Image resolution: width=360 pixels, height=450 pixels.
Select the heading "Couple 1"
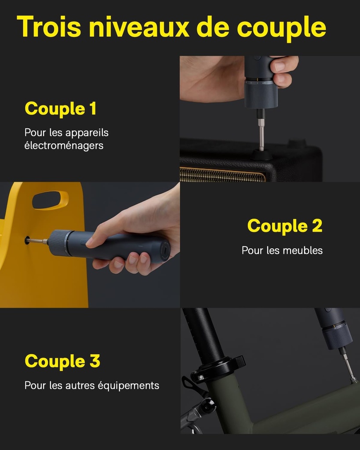click(60, 109)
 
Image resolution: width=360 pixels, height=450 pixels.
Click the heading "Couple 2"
click(284, 226)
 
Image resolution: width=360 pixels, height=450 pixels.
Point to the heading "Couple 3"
click(62, 361)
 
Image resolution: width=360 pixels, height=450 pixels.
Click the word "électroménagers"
click(64, 145)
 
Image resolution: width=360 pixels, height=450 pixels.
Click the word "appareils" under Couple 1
click(87, 132)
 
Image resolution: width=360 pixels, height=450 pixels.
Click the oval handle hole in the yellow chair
click(49, 200)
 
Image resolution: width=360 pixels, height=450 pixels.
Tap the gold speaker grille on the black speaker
click(222, 174)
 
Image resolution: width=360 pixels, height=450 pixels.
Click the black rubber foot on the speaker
click(261, 155)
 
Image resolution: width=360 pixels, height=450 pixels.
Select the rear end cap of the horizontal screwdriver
click(164, 251)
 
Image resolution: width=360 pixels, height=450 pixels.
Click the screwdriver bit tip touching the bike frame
click(353, 379)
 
